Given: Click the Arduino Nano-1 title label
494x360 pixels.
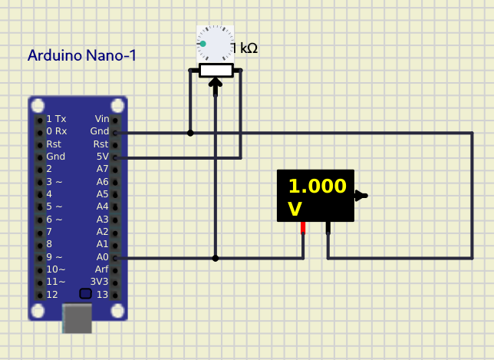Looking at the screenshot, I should pos(82,55).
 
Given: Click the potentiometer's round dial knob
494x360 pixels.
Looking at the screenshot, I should pos(215,43).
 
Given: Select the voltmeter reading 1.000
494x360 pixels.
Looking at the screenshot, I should pos(316,187).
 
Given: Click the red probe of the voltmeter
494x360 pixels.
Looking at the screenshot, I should pos(304,228).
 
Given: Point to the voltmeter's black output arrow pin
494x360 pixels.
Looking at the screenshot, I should pos(361,196).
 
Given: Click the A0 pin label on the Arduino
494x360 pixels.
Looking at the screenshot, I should pos(101,256).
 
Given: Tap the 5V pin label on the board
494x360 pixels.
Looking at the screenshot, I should pos(102,156).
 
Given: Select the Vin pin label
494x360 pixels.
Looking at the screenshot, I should pos(101,118).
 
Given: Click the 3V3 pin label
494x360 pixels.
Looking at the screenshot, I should pos(100,282).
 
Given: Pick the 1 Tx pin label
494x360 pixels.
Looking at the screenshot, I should pos(56,118).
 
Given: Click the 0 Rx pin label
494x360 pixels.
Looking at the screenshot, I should pos(56,130).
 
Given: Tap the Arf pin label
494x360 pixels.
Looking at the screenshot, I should pos(101,269).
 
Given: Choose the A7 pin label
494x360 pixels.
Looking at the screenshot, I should pos(102,168).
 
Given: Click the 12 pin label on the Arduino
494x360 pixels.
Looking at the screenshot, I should pos(52,294).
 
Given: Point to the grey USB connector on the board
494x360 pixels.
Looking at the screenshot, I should pos(77,318).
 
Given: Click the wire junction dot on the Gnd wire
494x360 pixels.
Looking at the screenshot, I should pos(190,133).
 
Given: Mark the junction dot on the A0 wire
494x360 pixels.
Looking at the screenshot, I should pos(216,258).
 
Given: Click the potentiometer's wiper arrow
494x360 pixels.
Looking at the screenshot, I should pos(216,86).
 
